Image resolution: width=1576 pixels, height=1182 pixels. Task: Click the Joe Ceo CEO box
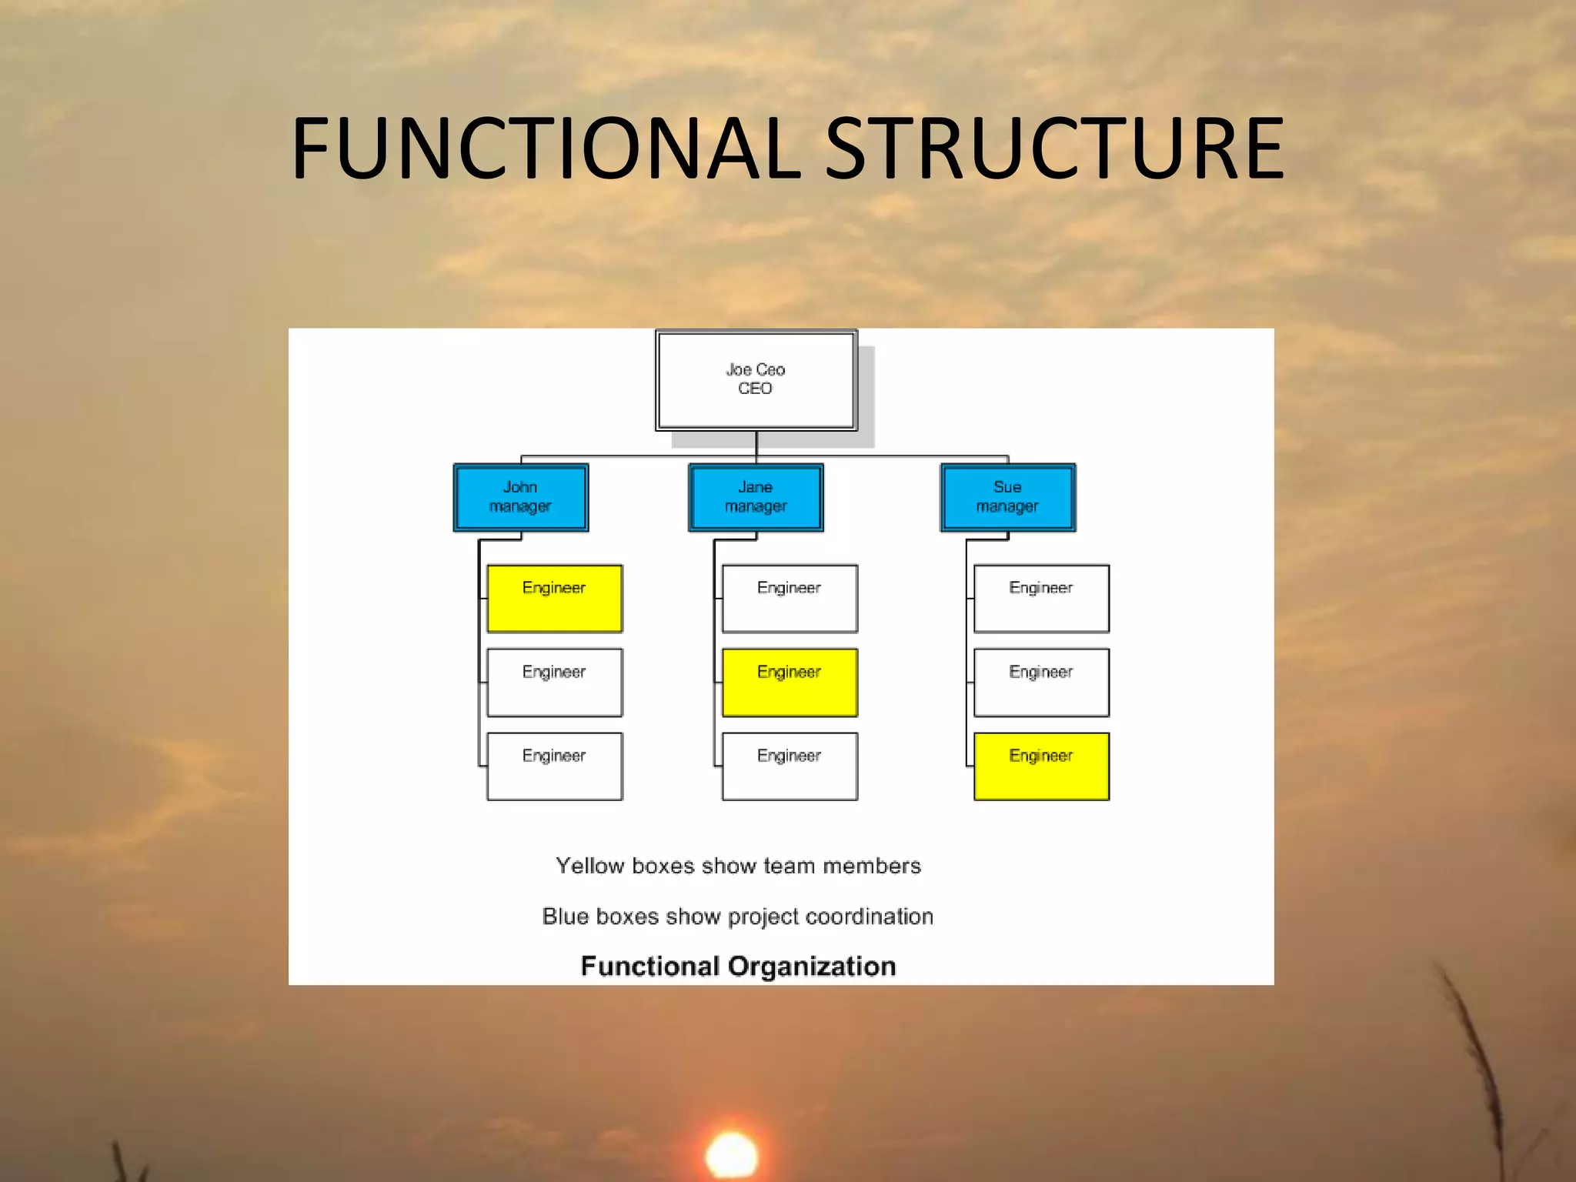[756, 380]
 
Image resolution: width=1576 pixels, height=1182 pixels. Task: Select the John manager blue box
[521, 497]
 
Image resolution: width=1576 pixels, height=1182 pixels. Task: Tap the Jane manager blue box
[756, 497]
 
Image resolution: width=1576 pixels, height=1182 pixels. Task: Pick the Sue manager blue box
[1007, 497]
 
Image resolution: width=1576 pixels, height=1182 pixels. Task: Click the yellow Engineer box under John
[554, 599]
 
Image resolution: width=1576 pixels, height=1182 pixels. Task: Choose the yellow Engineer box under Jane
[790, 683]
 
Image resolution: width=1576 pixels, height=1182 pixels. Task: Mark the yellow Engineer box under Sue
[1041, 766]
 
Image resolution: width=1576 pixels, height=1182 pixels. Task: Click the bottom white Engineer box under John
[554, 766]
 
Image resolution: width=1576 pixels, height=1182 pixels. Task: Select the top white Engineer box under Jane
[790, 599]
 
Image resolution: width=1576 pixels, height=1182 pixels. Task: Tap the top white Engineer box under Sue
[1041, 599]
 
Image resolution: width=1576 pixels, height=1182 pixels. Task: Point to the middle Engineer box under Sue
[1041, 683]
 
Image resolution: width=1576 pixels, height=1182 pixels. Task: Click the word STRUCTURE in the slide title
[1054, 148]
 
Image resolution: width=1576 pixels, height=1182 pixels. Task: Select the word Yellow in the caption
[589, 866]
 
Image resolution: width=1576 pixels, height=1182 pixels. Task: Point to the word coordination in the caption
[870, 917]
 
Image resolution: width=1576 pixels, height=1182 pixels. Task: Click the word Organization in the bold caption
[812, 967]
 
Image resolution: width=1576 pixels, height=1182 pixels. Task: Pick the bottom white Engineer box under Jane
[790, 766]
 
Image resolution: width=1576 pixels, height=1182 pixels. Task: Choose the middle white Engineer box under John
[554, 683]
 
